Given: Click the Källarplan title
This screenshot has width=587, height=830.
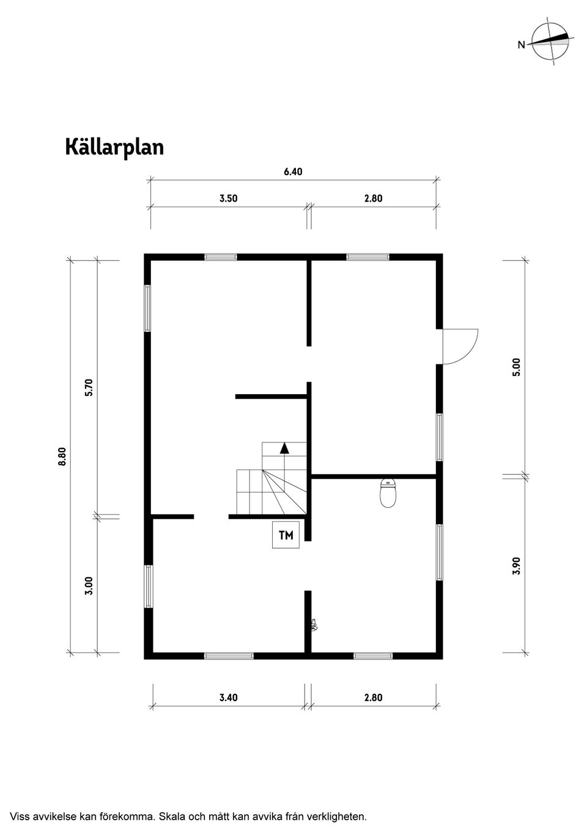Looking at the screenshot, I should pos(114,147).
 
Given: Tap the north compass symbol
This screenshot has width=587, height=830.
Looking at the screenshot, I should pos(550,42).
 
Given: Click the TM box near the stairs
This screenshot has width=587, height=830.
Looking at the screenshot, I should pos(286,536).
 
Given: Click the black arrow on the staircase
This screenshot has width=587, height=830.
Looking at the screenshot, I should pos(284,448).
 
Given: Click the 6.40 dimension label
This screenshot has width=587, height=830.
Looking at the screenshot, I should pos(293,172).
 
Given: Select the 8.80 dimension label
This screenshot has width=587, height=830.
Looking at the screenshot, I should pos(62,457).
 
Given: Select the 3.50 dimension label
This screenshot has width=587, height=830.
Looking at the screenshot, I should pos(228,199).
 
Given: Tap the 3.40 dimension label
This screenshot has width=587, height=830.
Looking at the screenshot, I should pos(228,697).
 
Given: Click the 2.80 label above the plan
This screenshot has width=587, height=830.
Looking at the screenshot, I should pos(373,199).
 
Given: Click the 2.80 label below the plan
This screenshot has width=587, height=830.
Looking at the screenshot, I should pos(373,697).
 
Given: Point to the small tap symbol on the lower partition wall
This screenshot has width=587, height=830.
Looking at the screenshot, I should pos(314,624).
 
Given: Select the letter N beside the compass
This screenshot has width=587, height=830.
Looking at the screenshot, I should pos(521,45).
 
